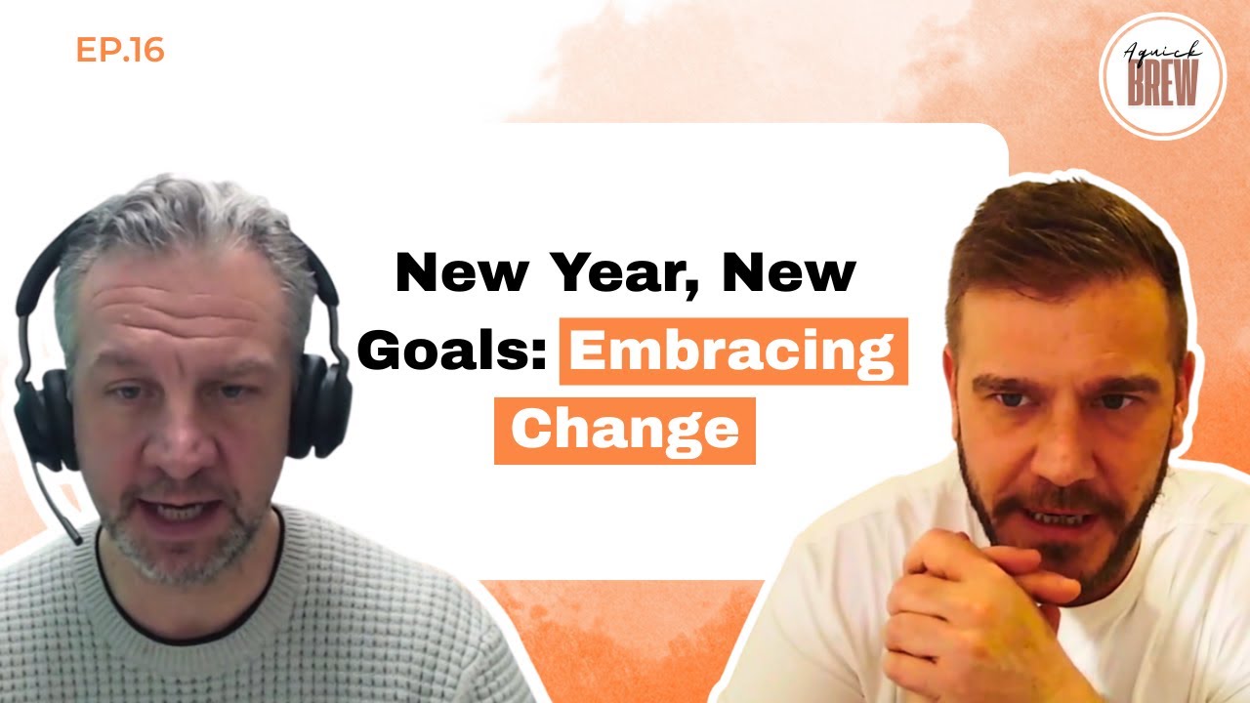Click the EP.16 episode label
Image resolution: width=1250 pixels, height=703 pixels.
pyautogui.click(x=120, y=51)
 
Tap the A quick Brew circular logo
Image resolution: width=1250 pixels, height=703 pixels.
pyautogui.click(x=1161, y=76)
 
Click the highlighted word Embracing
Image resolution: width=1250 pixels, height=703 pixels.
pyautogui.click(x=732, y=351)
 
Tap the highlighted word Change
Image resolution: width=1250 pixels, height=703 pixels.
pyautogui.click(x=625, y=431)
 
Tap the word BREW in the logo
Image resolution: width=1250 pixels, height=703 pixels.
pyautogui.click(x=1161, y=88)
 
